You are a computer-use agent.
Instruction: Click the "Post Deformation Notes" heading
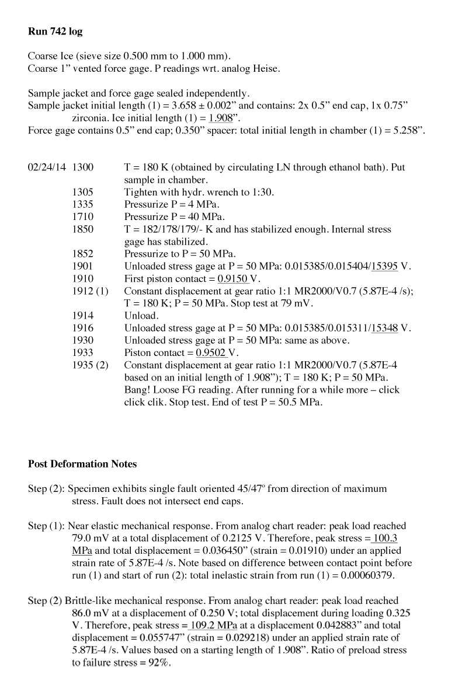[82, 464]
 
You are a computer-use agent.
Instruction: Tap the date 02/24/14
[47, 167]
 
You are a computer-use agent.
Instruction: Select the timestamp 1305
[82, 192]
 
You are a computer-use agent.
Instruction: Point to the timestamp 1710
[82, 216]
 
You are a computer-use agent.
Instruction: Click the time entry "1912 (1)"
[90, 291]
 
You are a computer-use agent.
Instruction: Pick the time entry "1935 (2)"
[90, 365]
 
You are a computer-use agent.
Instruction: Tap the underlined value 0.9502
[211, 352]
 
